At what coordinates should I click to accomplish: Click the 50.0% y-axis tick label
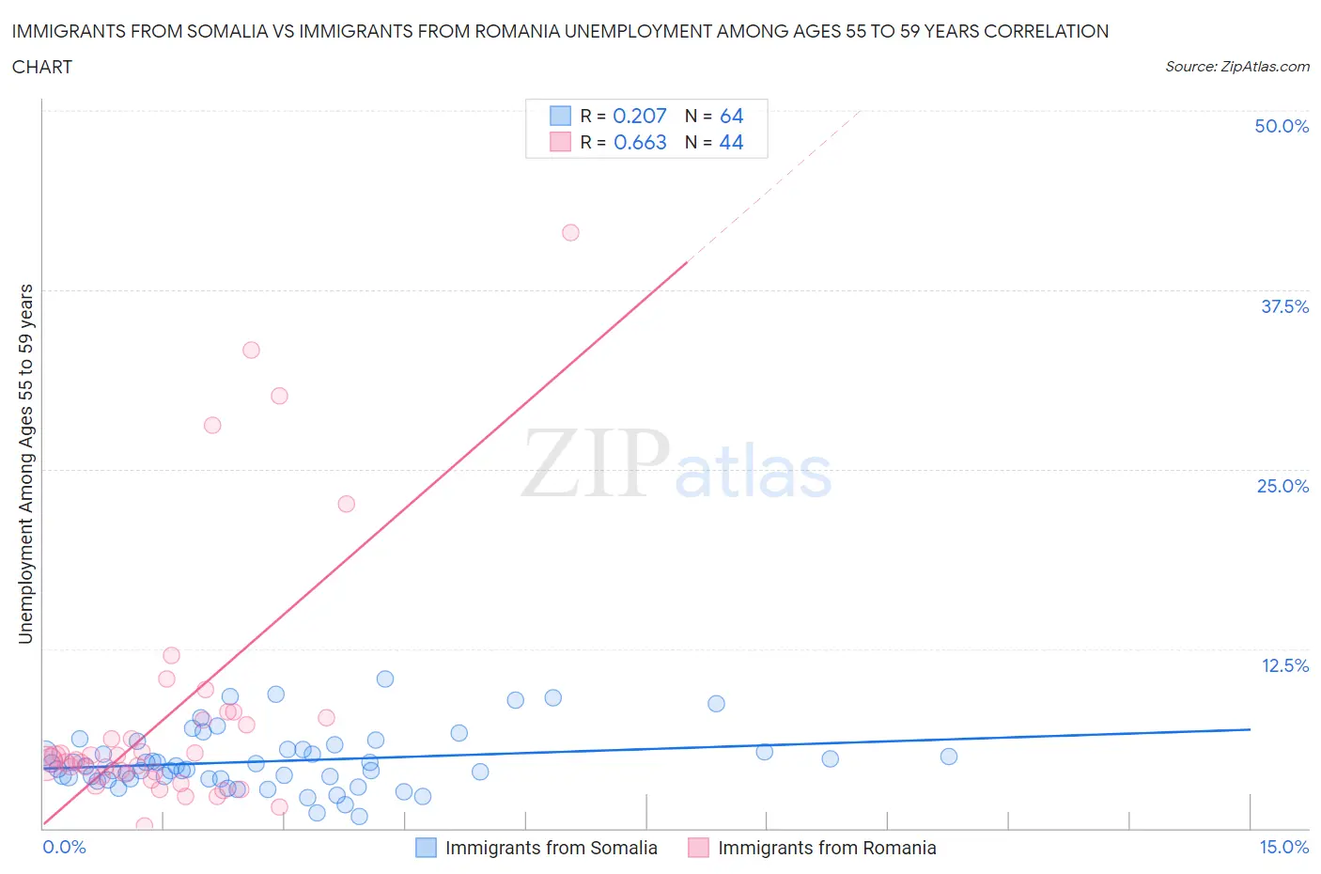pos(1282,126)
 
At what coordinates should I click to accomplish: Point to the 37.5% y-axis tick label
pos(1284,306)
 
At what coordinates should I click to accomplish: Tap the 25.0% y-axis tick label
pos(1282,486)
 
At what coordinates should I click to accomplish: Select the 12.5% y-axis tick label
pos(1284,665)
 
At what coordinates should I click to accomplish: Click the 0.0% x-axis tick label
pos(64,847)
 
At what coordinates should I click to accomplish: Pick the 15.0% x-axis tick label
pos(1283,847)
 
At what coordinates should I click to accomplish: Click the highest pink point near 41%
pos(570,232)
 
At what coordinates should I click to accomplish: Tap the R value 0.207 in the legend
pos(639,116)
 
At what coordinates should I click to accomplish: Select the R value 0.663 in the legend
pos(640,142)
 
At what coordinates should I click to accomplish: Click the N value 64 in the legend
pos(731,116)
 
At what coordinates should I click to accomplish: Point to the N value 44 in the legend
pos(731,142)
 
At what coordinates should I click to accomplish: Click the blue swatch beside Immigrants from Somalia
pos(426,848)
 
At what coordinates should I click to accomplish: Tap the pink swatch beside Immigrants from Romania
pos(698,848)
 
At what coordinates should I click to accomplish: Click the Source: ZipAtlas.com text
pos(1236,66)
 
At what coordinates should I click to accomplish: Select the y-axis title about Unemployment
pos(25,463)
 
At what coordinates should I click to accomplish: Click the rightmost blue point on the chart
pos(949,757)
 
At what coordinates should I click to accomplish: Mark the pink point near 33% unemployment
pos(251,350)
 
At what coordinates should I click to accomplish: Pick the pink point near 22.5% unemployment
pos(346,504)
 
